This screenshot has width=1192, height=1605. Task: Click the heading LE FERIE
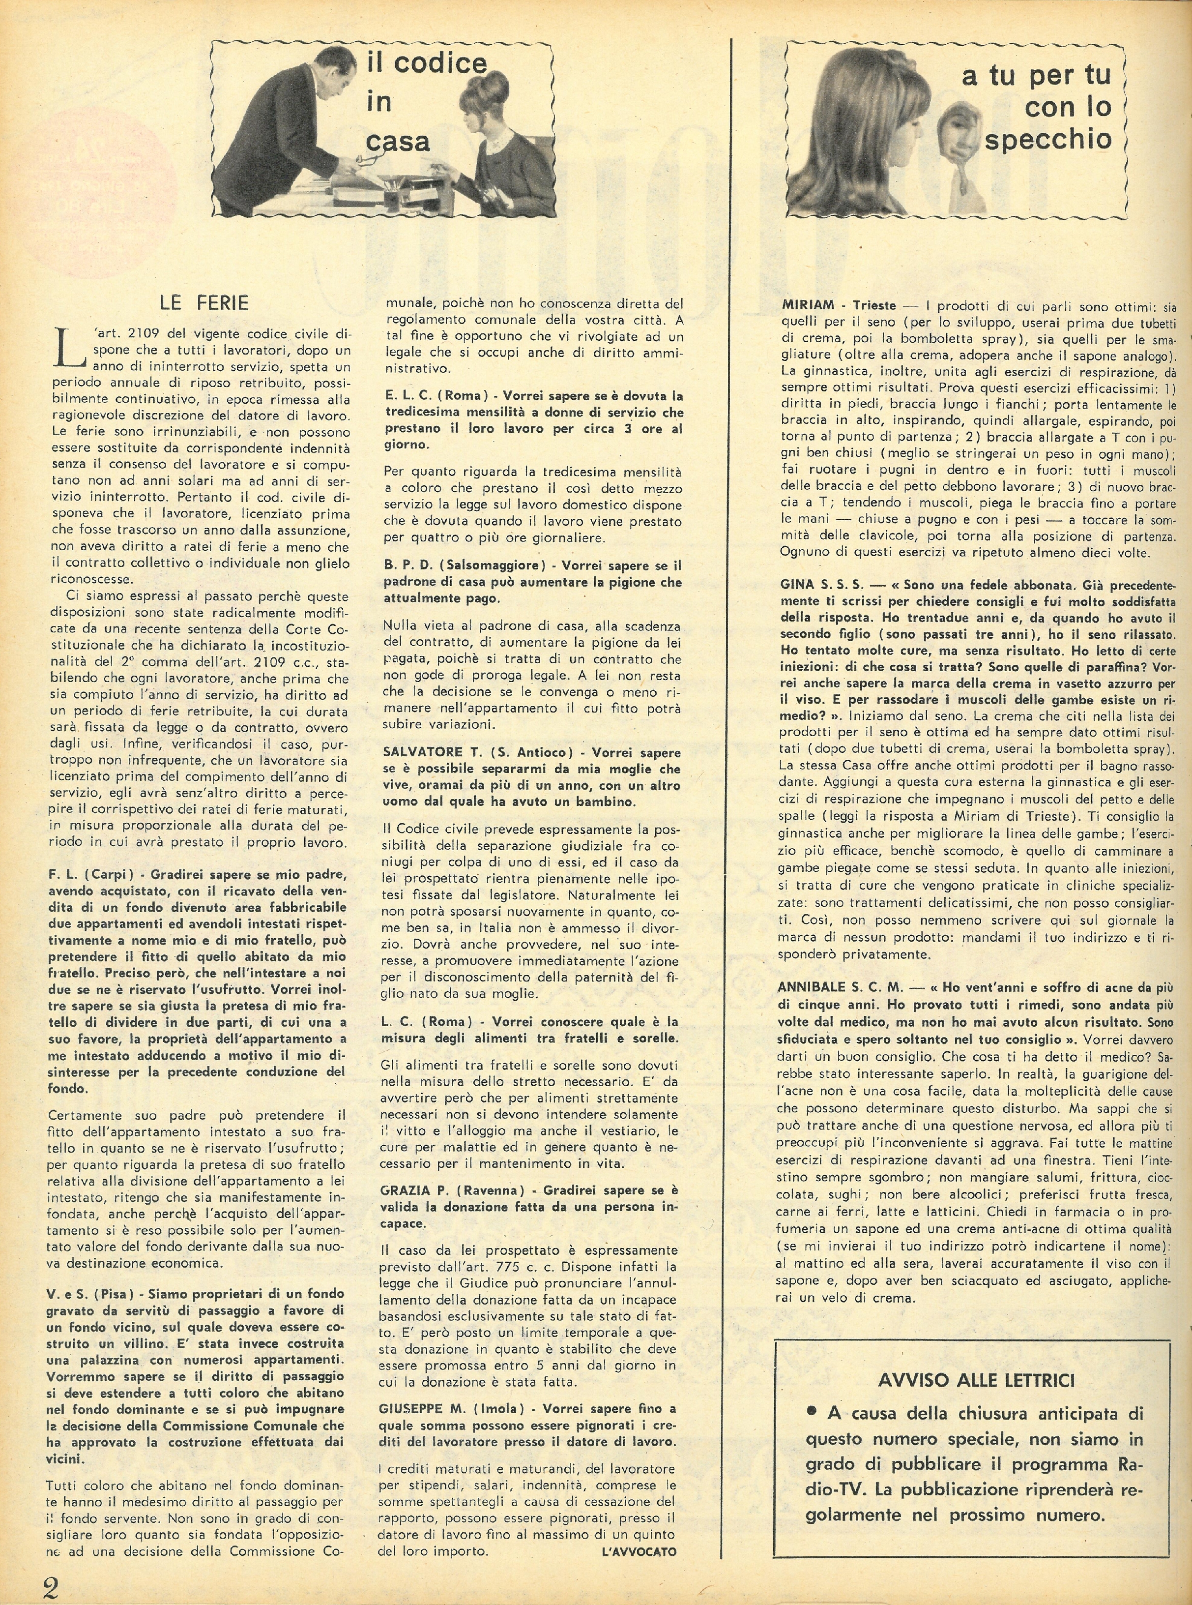pos(204,303)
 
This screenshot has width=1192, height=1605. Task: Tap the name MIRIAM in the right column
pos(808,305)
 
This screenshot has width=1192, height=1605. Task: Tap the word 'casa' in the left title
pos(398,140)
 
